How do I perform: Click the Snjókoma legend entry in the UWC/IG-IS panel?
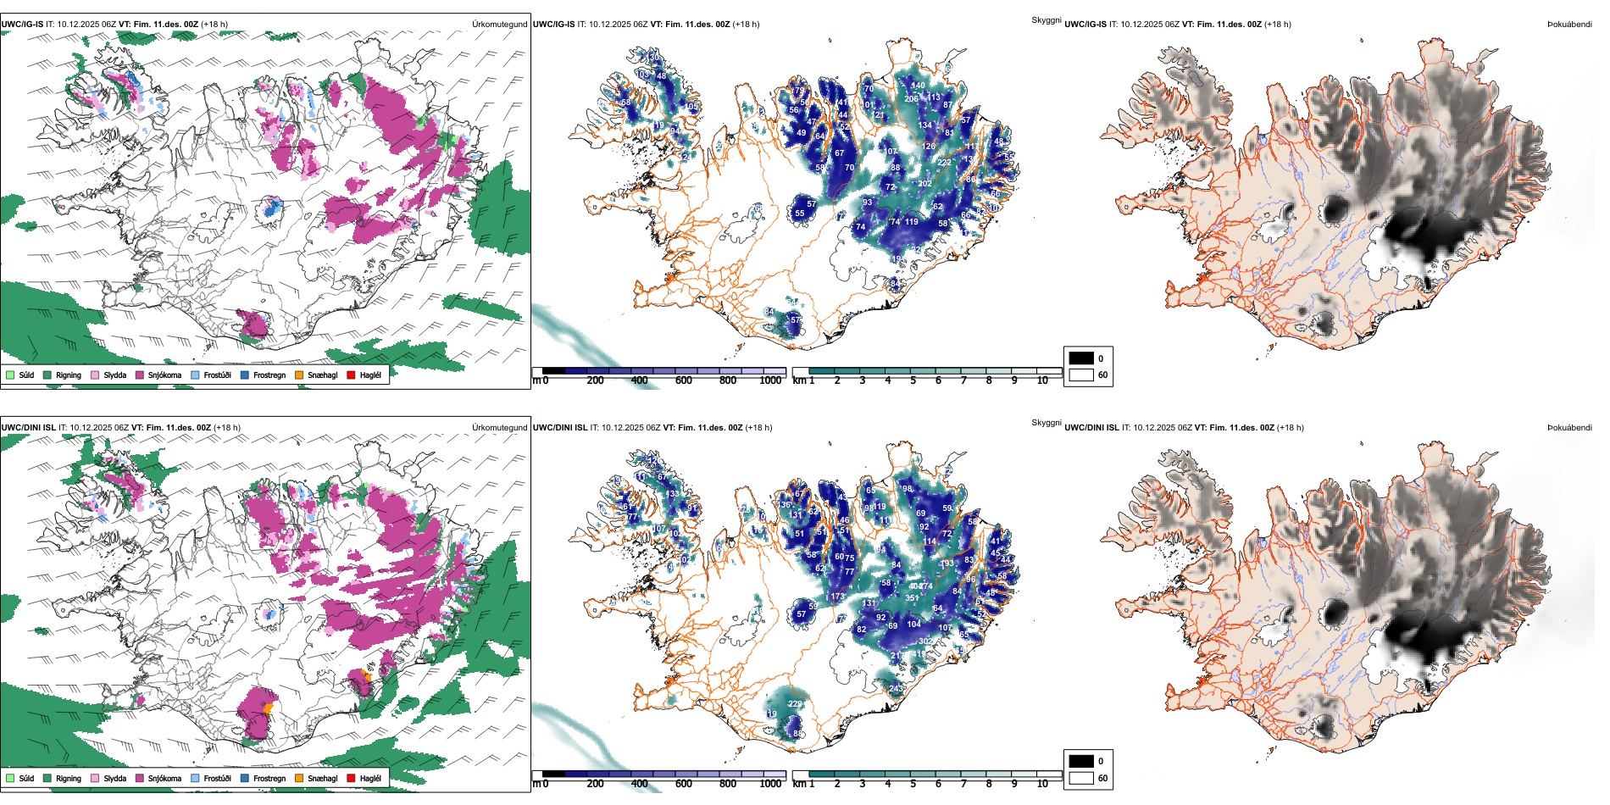tap(164, 375)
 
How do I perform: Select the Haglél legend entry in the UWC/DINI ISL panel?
tap(370, 778)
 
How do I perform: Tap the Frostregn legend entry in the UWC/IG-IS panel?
tap(269, 375)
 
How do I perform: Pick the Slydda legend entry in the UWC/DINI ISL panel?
tap(114, 778)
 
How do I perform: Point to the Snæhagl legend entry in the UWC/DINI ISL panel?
tap(322, 778)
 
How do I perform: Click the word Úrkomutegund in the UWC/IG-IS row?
tap(499, 24)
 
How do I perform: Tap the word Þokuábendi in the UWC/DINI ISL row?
tap(1569, 427)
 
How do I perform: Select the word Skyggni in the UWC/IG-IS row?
tap(1046, 19)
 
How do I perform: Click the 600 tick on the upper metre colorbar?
tap(684, 380)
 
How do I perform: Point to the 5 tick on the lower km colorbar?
tap(913, 784)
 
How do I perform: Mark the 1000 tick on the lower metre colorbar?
tap(770, 784)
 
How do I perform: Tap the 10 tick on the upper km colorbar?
tap(1042, 380)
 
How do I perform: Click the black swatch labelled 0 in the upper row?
tap(1081, 358)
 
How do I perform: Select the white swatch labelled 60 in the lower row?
tap(1081, 778)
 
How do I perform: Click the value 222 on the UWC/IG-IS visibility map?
tap(945, 162)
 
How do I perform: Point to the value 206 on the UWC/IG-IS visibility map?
tap(911, 99)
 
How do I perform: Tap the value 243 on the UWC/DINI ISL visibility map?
tap(897, 689)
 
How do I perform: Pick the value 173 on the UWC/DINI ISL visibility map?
tap(837, 597)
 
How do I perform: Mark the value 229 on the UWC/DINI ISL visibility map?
tap(795, 704)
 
